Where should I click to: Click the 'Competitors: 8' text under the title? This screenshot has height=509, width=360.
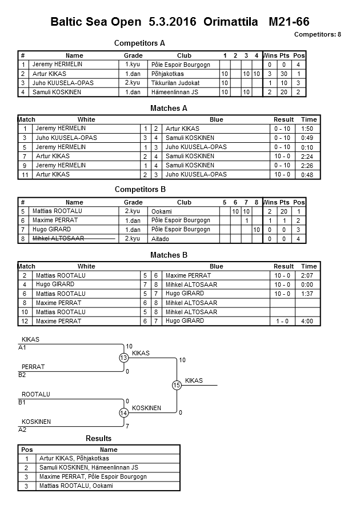pyautogui.click(x=317, y=34)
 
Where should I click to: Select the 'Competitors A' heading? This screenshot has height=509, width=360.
pyautogui.click(x=139, y=43)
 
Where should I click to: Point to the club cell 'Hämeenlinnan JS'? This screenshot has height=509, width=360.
pyautogui.click(x=175, y=92)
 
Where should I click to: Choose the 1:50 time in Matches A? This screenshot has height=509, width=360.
pyautogui.click(x=309, y=129)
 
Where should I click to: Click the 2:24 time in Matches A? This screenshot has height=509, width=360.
pyautogui.click(x=309, y=156)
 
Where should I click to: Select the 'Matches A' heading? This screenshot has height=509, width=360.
pyautogui.click(x=169, y=108)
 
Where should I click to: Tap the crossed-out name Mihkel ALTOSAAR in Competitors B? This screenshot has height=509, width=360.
pyautogui.click(x=56, y=239)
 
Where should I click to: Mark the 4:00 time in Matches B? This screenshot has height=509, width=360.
pyautogui.click(x=309, y=321)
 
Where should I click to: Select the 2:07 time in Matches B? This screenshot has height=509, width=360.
pyautogui.click(x=309, y=275)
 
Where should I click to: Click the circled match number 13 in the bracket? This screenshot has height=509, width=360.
pyautogui.click(x=123, y=358)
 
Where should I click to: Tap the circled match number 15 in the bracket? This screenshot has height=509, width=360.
pyautogui.click(x=177, y=386)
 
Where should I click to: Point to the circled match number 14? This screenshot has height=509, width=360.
pyautogui.click(x=123, y=412)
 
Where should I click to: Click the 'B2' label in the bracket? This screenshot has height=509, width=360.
pyautogui.click(x=22, y=375)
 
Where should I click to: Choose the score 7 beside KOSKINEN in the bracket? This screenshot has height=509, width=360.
pyautogui.click(x=127, y=426)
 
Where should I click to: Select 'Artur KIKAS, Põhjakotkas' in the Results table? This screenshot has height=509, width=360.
pyautogui.click(x=74, y=458)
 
